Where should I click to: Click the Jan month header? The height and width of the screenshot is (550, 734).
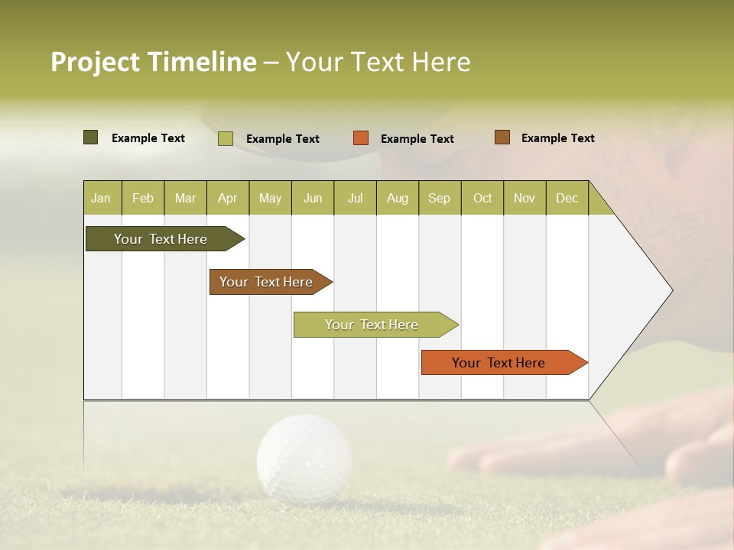(101, 198)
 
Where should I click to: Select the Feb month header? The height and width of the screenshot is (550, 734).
(143, 198)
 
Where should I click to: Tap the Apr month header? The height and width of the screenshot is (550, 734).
(227, 198)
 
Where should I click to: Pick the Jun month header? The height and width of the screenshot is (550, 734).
(313, 198)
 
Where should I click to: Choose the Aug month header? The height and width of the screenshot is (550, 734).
(397, 198)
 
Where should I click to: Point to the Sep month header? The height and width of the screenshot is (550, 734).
(439, 198)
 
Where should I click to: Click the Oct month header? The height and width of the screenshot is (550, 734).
(482, 198)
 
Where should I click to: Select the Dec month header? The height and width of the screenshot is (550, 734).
(567, 198)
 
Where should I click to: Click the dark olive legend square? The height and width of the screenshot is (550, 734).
(91, 137)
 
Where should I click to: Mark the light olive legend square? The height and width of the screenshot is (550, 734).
(226, 138)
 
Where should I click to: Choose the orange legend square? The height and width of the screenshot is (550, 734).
(361, 138)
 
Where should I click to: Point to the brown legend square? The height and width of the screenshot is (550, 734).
(502, 137)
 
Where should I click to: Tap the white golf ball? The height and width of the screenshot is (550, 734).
(304, 458)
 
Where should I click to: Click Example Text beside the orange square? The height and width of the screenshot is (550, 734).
(417, 139)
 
